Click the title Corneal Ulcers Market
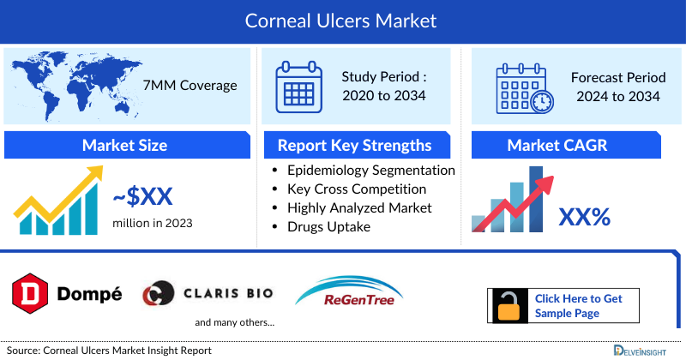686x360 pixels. [x=342, y=21]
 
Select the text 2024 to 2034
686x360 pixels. [x=618, y=96]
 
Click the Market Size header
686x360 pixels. [x=124, y=145]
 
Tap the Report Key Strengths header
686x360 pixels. [x=354, y=145]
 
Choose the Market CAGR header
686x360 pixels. [x=557, y=145]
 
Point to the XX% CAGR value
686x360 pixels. [x=584, y=217]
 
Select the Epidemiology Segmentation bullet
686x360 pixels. [x=370, y=171]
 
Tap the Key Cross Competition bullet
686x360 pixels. [x=357, y=189]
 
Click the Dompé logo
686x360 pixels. [x=67, y=294]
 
